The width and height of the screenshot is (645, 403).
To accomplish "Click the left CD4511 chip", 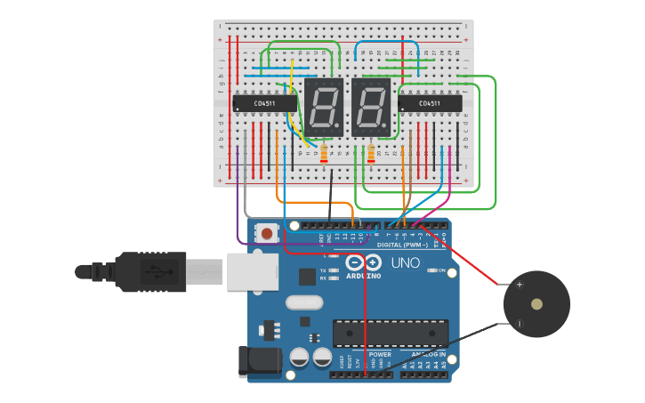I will [264, 103].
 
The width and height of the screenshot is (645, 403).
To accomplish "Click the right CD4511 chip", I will [431, 103].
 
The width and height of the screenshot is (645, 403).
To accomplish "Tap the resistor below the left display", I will [324, 155].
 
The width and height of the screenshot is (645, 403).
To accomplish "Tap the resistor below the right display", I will [371, 155].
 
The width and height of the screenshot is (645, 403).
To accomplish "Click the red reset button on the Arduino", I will [265, 233].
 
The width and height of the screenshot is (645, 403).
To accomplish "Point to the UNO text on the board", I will [405, 263].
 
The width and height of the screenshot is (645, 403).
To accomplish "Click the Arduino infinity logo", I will [363, 262].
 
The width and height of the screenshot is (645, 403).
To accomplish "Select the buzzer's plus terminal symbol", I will [519, 285].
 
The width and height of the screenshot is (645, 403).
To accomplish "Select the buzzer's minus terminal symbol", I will [519, 323].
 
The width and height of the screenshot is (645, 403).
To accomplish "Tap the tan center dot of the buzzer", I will [536, 304].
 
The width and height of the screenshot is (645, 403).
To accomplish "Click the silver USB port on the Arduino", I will [252, 271].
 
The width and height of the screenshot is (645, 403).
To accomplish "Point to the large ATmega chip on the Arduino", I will [391, 333].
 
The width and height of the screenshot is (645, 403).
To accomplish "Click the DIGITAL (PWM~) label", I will [402, 244].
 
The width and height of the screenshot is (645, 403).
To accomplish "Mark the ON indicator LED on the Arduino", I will [430, 270].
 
